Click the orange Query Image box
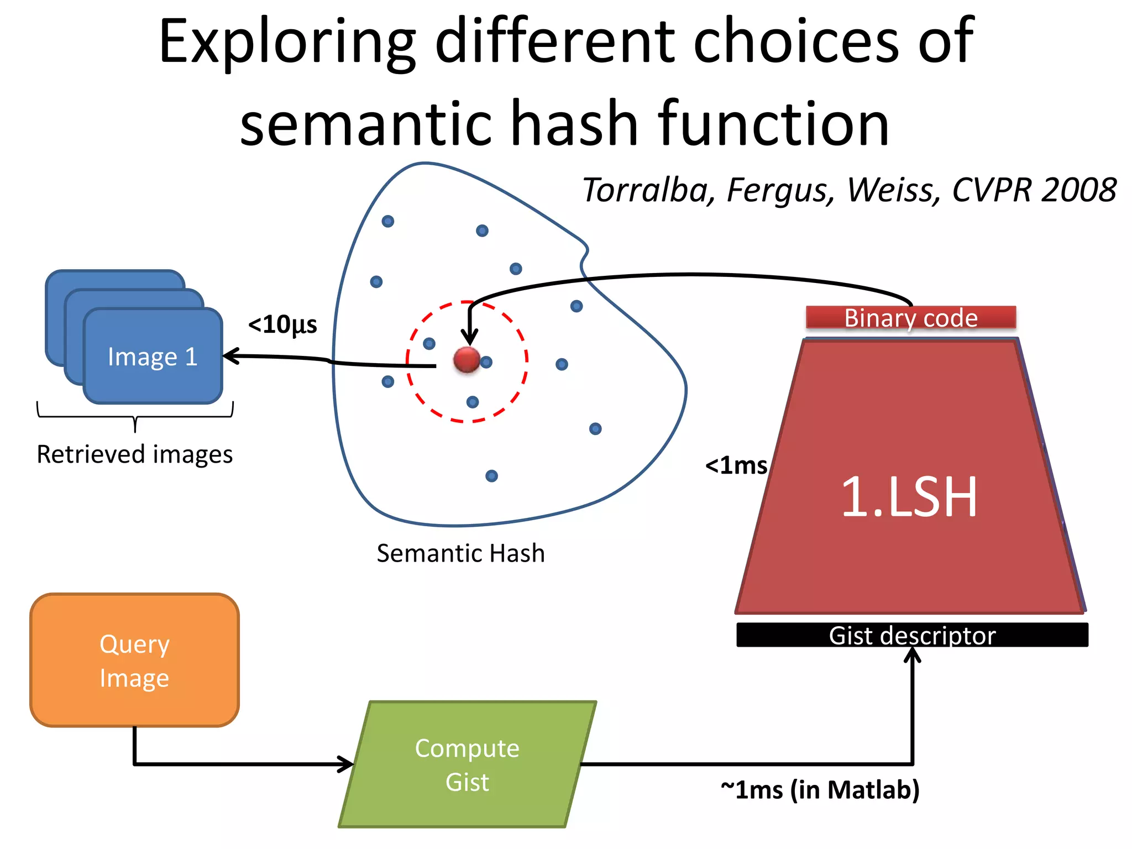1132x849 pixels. [134, 660]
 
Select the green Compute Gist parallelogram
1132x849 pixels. [467, 764]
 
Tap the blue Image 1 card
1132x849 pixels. [153, 357]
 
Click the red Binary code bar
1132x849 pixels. [910, 318]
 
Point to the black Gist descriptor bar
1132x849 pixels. [912, 635]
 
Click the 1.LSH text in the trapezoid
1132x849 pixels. [909, 497]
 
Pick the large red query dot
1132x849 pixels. [467, 360]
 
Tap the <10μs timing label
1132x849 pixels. [282, 324]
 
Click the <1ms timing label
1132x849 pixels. [736, 465]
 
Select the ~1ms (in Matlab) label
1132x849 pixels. [820, 789]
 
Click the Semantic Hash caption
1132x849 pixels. [460, 553]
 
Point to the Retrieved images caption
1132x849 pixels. [134, 454]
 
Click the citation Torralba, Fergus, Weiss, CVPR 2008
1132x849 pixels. [849, 190]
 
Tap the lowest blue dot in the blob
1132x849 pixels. [491, 476]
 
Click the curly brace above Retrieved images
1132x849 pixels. [135, 417]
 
